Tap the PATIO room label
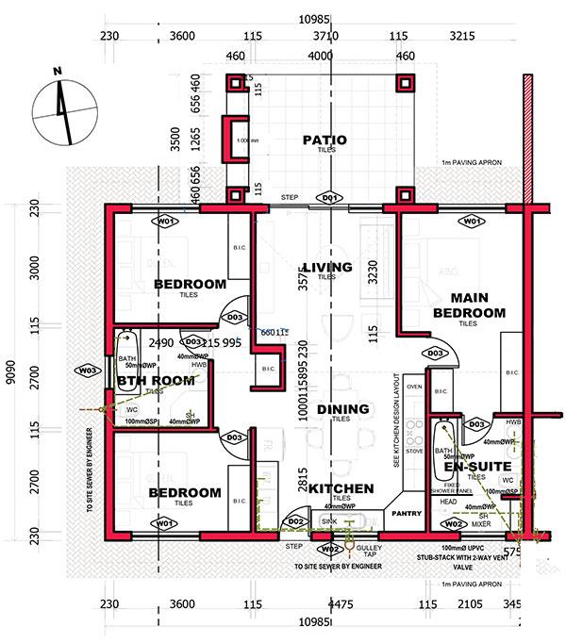tap(325, 140)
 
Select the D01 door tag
tap(329, 198)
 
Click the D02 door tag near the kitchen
tap(295, 520)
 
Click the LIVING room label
tap(326, 267)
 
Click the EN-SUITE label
tap(476, 466)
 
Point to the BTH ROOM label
tap(156, 381)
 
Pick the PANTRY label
tap(408, 515)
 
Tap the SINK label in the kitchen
tap(329, 520)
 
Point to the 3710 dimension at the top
tap(323, 36)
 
